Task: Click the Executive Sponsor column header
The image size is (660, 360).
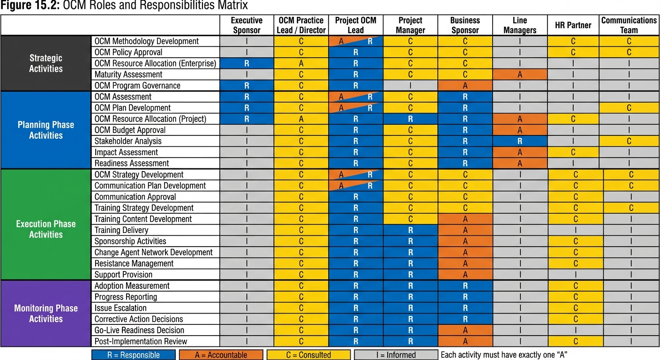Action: (x=247, y=25)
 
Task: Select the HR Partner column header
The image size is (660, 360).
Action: (x=573, y=25)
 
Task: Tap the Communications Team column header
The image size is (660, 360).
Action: (x=629, y=25)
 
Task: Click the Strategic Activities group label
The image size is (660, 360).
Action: (x=46, y=63)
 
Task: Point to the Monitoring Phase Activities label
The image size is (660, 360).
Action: (x=46, y=314)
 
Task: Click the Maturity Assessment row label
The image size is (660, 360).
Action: (x=128, y=75)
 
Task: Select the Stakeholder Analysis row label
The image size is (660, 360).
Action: (x=128, y=141)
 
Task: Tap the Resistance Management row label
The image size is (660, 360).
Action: (x=134, y=263)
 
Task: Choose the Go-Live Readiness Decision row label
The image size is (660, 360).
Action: (x=139, y=330)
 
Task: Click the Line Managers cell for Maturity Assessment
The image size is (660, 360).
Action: (x=520, y=75)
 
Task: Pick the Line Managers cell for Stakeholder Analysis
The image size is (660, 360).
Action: (x=520, y=141)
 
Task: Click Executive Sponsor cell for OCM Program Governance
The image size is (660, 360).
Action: (x=247, y=86)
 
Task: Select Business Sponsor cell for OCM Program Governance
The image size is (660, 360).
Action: (x=465, y=86)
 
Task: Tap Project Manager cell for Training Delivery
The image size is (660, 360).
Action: (x=410, y=230)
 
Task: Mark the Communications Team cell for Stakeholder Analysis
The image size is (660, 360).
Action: (x=629, y=141)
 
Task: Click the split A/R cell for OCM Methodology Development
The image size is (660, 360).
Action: (x=356, y=41)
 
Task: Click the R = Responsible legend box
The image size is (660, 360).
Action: (x=134, y=355)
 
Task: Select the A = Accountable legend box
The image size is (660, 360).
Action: (x=221, y=355)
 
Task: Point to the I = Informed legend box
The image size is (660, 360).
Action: (x=396, y=355)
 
